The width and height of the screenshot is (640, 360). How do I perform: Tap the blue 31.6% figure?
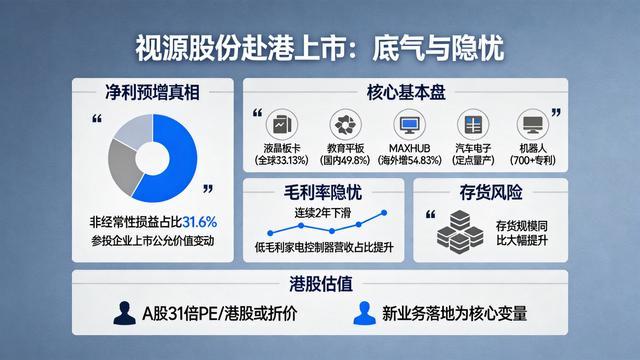(200, 222)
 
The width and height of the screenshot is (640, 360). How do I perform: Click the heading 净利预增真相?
(153, 92)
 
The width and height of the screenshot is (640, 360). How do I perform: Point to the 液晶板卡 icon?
(282, 124)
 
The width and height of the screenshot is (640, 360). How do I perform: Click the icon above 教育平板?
(345, 124)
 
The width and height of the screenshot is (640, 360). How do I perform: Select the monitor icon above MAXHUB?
(409, 124)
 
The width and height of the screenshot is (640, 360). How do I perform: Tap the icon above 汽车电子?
(473, 124)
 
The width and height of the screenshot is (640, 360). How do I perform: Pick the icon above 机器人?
(533, 124)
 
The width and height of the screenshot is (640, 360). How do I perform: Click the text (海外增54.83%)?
(409, 160)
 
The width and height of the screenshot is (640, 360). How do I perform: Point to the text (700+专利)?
(533, 160)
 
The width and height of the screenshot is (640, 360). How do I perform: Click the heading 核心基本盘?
(406, 92)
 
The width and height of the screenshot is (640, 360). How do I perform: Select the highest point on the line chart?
(384, 213)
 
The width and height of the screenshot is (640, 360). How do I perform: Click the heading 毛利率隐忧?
(323, 192)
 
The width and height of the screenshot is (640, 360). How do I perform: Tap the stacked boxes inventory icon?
(460, 232)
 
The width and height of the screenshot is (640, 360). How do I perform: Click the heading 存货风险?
(491, 192)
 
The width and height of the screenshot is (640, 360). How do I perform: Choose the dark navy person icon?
(124, 313)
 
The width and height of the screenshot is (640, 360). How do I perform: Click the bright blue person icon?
(364, 313)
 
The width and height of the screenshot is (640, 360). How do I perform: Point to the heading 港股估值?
(321, 284)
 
